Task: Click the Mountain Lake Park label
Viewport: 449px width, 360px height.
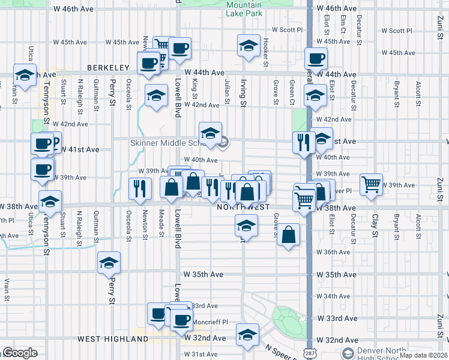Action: [x=244, y=8]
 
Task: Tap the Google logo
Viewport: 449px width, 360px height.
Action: [x=19, y=353]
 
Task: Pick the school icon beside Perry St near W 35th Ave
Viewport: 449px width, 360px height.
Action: [x=109, y=263]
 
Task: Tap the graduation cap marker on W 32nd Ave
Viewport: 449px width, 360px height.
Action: [x=247, y=335]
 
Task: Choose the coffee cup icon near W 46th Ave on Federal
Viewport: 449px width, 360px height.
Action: [x=316, y=59]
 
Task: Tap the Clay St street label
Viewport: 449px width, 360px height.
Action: [x=375, y=225]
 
